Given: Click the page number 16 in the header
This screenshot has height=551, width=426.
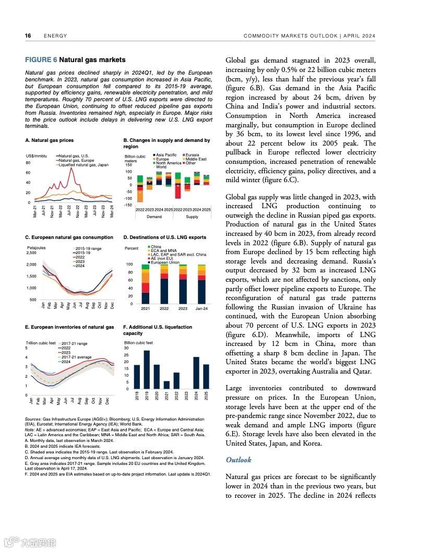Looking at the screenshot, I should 28,36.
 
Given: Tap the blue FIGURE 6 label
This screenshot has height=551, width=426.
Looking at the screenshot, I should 41,60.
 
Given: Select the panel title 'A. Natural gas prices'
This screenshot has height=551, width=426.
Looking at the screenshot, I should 49,140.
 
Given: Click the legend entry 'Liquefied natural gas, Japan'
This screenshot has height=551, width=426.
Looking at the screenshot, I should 84,165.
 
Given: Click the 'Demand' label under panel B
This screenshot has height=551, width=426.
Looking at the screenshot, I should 154,216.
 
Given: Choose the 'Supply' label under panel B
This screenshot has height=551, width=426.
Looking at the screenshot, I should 192,216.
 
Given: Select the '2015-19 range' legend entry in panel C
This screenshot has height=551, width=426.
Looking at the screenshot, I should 88,249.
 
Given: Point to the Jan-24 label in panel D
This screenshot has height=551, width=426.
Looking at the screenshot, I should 202,309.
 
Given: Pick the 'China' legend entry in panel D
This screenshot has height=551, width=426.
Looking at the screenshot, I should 156,247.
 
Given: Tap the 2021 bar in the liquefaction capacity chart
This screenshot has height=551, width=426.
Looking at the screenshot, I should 167,385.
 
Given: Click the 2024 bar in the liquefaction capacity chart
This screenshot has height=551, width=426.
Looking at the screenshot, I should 196,373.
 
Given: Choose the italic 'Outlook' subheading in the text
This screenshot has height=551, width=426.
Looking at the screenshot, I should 238,460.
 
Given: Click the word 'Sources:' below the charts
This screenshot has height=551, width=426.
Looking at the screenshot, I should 33,419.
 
